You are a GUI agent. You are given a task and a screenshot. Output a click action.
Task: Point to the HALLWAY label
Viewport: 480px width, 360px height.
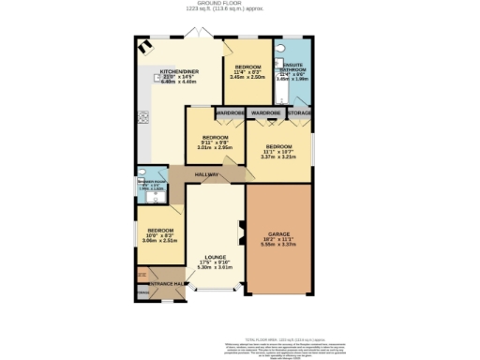[x=206, y=175]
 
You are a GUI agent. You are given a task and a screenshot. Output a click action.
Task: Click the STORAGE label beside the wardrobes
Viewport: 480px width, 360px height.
[x=300, y=113]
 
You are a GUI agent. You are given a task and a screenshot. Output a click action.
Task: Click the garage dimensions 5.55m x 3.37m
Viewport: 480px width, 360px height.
[x=277, y=244]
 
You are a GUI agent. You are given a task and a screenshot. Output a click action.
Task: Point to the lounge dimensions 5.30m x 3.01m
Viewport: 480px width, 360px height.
[x=216, y=267]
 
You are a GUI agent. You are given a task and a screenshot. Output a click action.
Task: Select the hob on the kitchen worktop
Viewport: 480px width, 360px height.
[x=143, y=117]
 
